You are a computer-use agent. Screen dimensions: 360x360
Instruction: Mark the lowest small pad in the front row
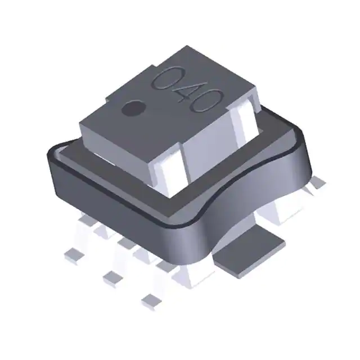tap(150, 299)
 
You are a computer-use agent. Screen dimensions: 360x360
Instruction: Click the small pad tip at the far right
tap(318, 181)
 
